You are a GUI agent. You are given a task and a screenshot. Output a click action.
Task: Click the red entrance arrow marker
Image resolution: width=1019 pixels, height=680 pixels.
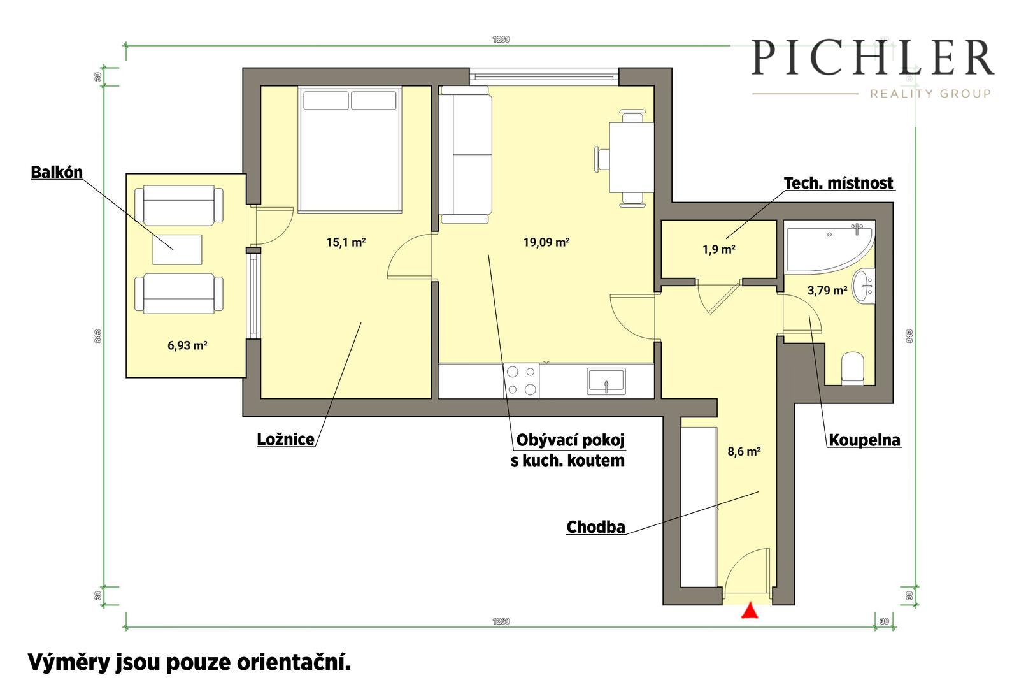[750, 611]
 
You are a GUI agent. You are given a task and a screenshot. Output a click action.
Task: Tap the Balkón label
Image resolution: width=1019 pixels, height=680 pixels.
[57, 172]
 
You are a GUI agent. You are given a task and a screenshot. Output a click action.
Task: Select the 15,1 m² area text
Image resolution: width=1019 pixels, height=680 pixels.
[346, 242]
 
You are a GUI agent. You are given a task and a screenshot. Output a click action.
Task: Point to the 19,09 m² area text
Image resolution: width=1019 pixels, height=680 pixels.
[546, 242]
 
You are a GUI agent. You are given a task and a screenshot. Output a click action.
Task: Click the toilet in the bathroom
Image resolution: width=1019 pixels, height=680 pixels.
[853, 368]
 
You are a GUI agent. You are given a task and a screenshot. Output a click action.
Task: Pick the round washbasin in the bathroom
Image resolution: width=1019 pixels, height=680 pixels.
[863, 287]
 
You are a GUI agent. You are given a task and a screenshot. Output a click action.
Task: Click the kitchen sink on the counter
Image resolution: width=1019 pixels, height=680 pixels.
[606, 381]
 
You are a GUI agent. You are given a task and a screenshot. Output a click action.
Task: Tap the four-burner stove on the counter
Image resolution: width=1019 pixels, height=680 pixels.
[522, 380]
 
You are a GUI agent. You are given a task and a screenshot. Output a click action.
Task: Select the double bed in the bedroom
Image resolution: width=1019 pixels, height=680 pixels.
[350, 150]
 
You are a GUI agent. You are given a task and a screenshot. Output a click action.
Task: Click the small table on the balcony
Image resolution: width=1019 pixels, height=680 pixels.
[177, 249]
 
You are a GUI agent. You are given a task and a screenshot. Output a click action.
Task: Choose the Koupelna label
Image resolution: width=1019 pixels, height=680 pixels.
[864, 440]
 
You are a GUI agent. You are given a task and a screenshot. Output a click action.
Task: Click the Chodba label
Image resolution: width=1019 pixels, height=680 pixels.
[595, 527]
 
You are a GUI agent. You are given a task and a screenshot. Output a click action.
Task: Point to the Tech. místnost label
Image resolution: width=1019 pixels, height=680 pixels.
[838, 183]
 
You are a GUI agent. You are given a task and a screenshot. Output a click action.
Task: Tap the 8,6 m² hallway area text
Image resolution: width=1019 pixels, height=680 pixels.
[745, 451]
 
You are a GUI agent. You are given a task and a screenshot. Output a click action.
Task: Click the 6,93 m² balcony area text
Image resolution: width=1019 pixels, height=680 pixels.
[187, 345]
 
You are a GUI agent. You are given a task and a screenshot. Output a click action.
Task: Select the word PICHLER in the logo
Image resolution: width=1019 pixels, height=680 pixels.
[872, 57]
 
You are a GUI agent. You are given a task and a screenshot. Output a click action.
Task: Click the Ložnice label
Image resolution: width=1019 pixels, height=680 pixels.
[286, 440]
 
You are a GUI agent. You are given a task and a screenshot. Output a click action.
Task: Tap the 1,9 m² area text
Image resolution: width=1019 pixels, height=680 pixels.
[719, 249]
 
